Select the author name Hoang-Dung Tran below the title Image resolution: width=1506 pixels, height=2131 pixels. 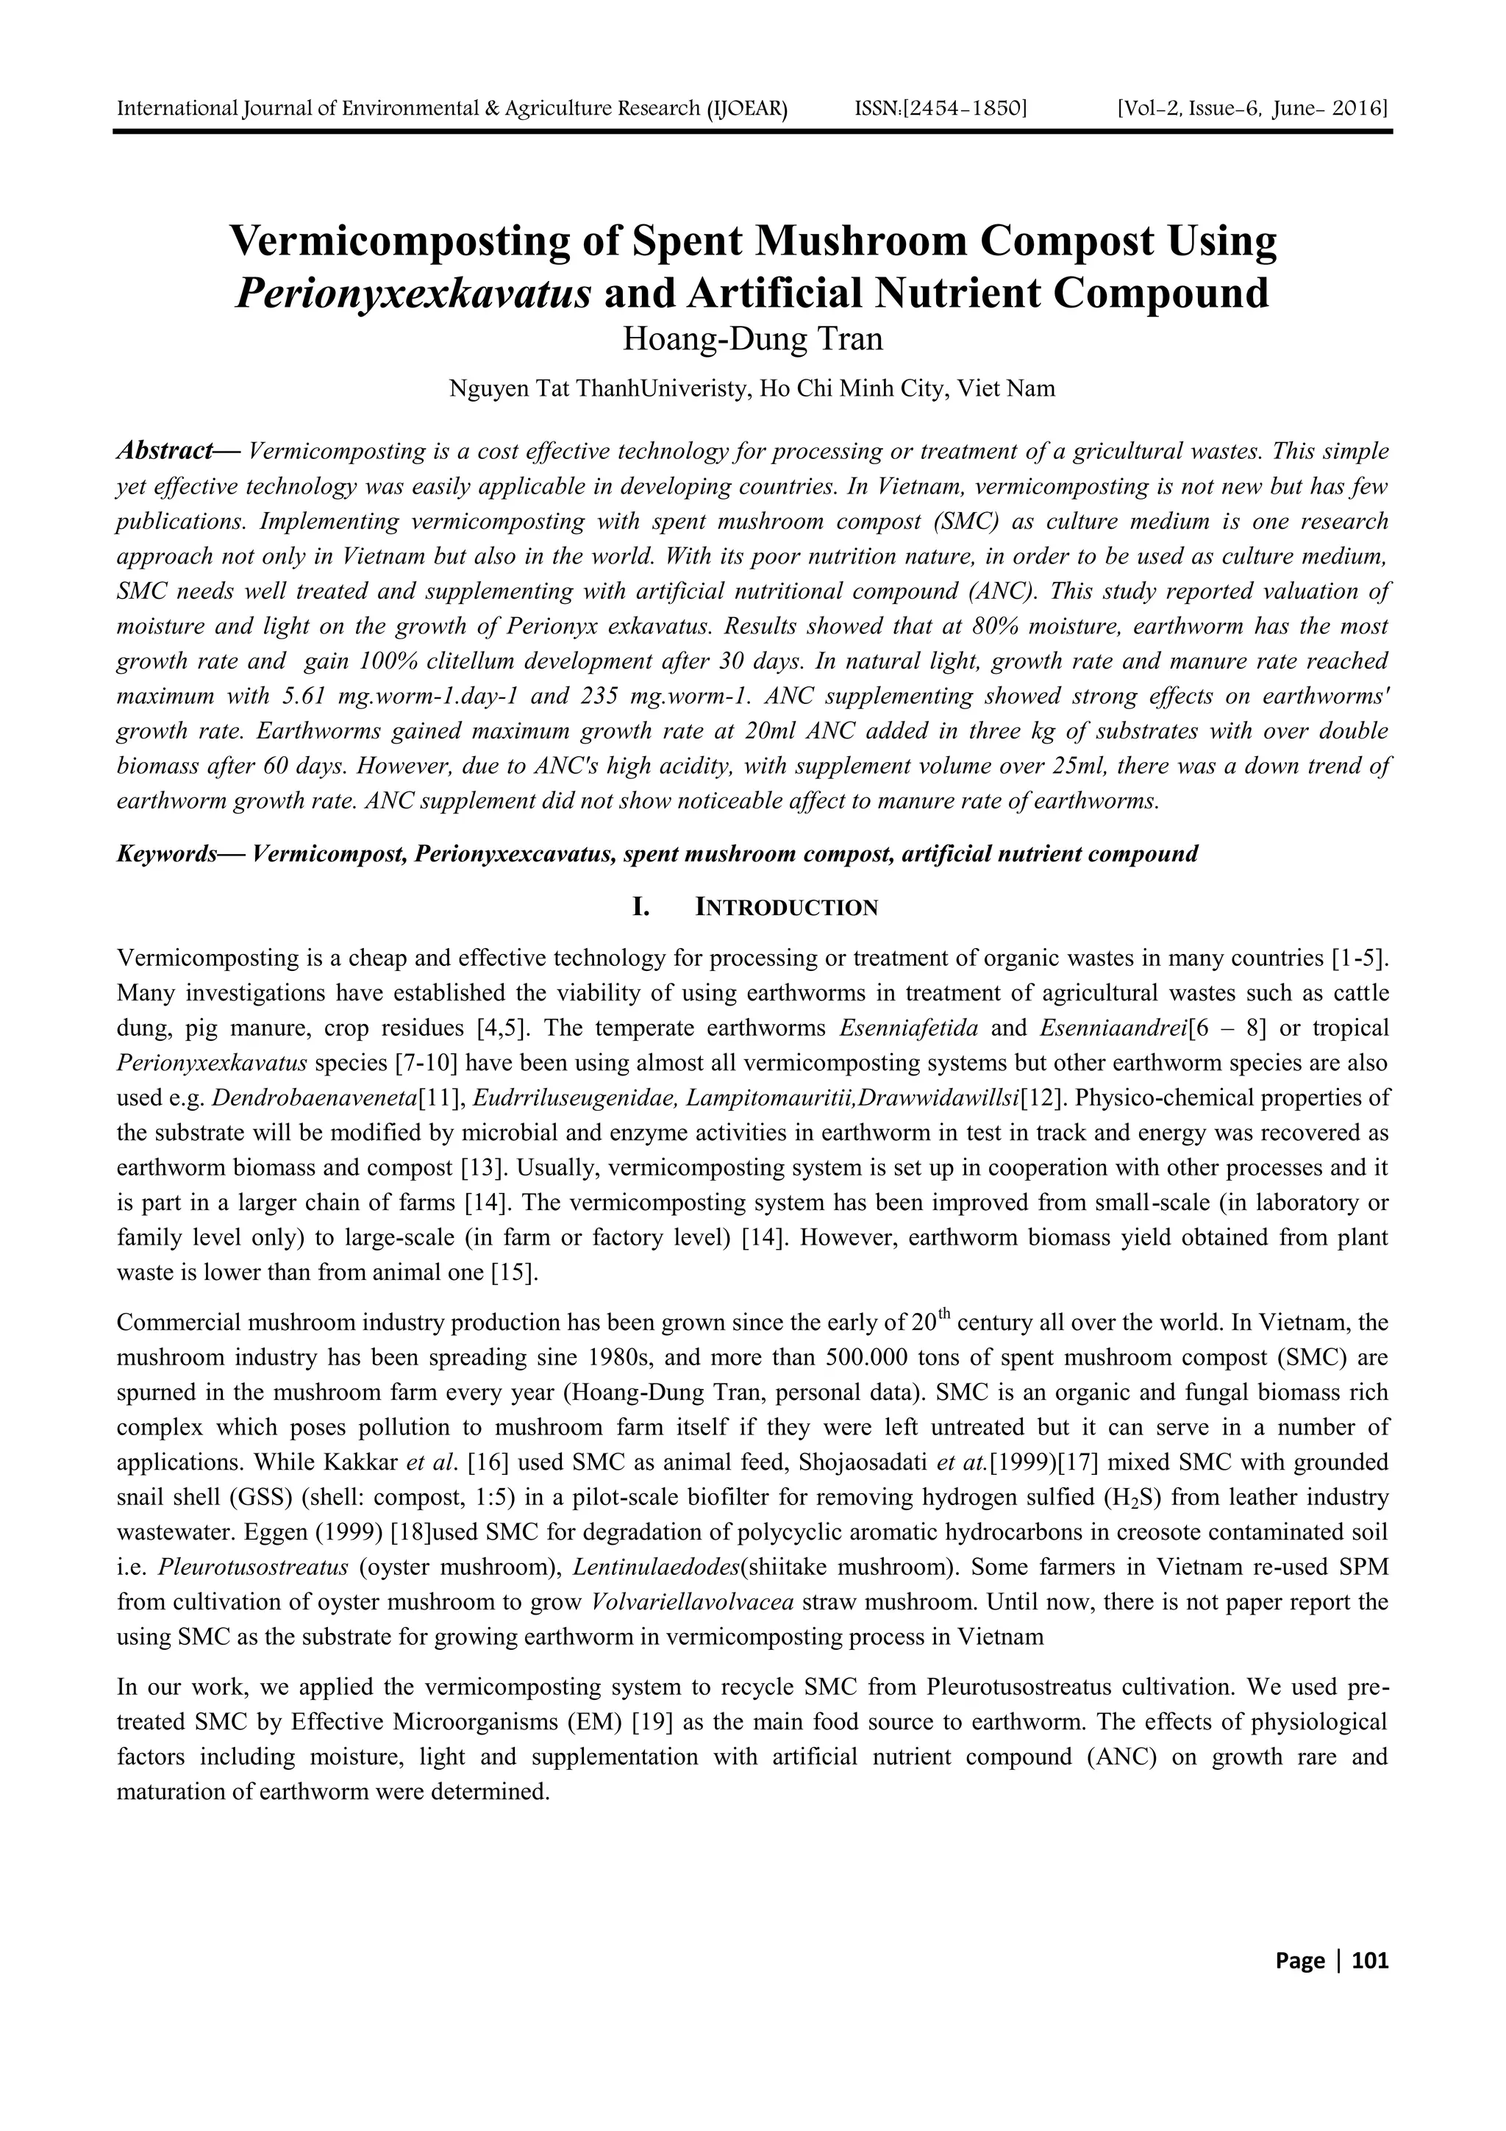point(752,339)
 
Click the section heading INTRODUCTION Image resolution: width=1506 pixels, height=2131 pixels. point(786,908)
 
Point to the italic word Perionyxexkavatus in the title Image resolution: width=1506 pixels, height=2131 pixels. point(414,293)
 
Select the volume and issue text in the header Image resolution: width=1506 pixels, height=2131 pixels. point(1254,110)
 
